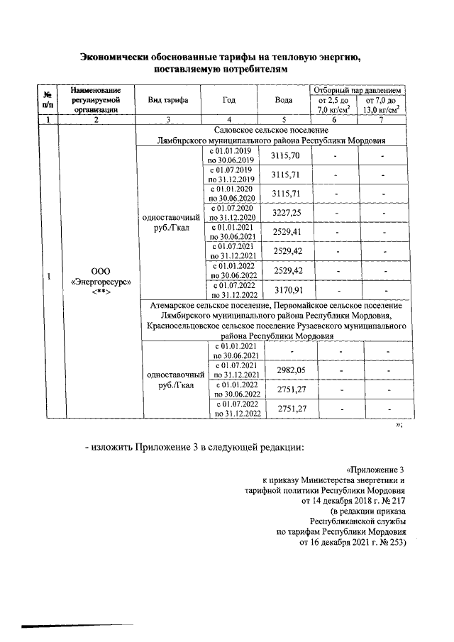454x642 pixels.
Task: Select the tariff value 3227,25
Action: coord(287,211)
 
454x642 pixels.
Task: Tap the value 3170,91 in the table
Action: coord(287,289)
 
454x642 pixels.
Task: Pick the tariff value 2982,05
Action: coord(287,370)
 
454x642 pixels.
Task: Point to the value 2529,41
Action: coord(287,231)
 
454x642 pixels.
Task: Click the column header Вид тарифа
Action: coord(167,101)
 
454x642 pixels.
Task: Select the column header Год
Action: coord(229,101)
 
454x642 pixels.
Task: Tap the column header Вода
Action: coord(284,101)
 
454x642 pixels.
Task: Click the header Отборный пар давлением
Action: coord(358,91)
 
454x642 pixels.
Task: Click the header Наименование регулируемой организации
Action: coord(96,101)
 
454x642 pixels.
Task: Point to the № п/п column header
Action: coord(48,101)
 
